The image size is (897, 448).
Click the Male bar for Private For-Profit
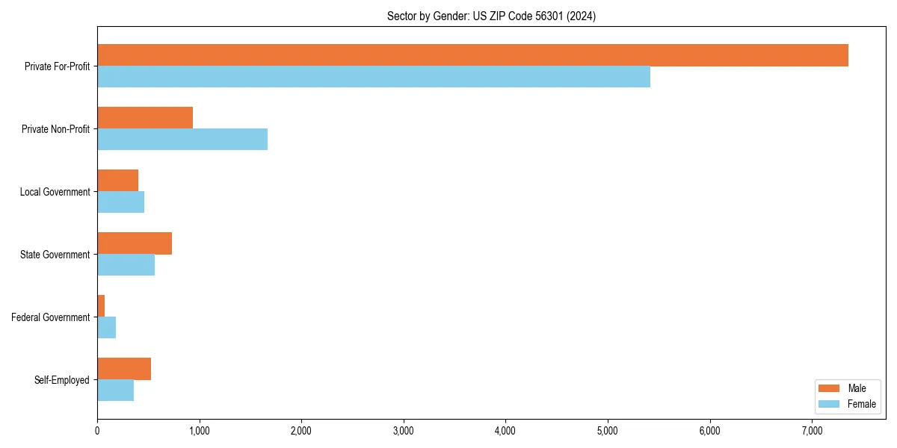tap(472, 55)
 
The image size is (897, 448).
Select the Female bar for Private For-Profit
tap(374, 77)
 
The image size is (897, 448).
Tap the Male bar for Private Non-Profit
tap(145, 118)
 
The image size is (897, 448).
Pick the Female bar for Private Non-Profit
tap(182, 140)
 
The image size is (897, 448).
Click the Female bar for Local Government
tap(120, 202)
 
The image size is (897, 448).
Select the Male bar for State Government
tap(135, 243)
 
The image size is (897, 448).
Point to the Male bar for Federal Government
tap(101, 306)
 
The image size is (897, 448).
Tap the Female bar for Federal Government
tap(106, 328)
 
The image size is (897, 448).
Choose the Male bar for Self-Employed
tap(124, 369)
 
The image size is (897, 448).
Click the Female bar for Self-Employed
tap(115, 391)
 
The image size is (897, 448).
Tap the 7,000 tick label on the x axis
tap(812, 431)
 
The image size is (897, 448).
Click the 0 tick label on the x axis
tap(97, 431)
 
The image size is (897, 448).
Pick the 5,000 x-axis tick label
tap(608, 431)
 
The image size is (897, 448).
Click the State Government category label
tap(55, 255)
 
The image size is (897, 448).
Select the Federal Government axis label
tap(50, 317)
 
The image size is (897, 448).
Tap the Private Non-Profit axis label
tap(55, 129)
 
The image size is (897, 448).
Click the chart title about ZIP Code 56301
tap(491, 16)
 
